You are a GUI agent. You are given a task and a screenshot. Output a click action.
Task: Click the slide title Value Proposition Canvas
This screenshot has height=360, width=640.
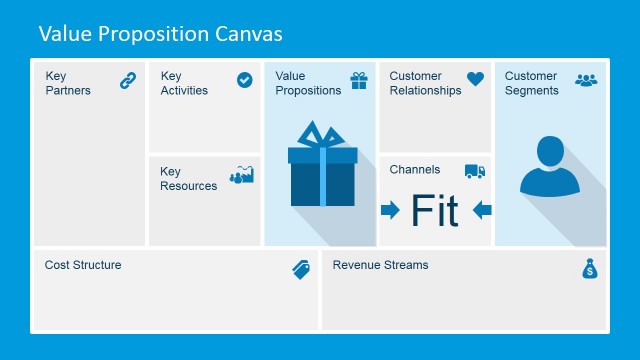click(x=160, y=34)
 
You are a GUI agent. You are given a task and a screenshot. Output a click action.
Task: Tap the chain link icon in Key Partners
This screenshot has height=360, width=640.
click(x=128, y=81)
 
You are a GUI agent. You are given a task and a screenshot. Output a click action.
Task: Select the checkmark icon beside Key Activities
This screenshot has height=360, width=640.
click(x=245, y=80)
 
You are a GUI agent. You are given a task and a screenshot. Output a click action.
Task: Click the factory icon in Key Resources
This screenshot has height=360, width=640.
click(x=242, y=175)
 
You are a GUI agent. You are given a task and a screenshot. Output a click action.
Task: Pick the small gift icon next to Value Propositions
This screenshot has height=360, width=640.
click(x=359, y=80)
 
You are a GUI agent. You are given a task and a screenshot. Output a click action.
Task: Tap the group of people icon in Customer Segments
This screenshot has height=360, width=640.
click(x=586, y=80)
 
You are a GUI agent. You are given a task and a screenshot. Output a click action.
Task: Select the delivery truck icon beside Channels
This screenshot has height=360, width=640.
click(x=475, y=171)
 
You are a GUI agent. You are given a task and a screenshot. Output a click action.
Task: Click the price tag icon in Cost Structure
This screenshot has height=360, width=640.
click(x=301, y=269)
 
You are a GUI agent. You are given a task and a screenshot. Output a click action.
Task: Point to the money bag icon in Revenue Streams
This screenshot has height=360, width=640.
click(x=589, y=269)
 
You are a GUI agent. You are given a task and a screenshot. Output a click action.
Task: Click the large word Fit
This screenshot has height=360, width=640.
click(x=435, y=211)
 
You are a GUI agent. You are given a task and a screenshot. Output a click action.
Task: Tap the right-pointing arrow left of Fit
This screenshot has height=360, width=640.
click(x=390, y=210)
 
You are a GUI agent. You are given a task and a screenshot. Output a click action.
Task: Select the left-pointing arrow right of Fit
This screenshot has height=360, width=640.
click(x=482, y=210)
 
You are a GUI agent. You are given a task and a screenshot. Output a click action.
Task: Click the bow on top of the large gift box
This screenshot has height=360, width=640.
click(x=322, y=135)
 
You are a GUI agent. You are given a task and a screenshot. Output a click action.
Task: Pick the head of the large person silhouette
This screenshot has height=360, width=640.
click(x=550, y=152)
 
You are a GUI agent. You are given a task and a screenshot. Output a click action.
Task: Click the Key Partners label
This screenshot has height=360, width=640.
click(x=67, y=83)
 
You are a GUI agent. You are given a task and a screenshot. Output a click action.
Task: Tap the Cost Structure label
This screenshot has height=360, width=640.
click(x=83, y=265)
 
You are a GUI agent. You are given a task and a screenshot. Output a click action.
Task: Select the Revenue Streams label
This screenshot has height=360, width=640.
click(x=380, y=265)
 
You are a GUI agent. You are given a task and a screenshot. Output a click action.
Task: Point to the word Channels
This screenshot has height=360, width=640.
click(x=415, y=170)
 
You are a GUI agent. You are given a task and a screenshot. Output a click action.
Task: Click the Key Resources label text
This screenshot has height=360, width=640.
click(x=188, y=178)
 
